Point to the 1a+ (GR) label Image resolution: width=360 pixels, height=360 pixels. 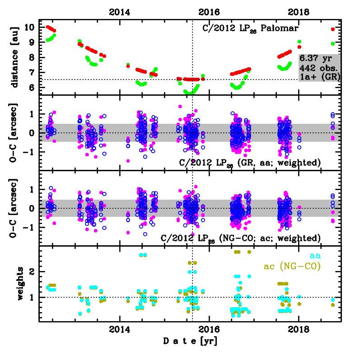pos(319,77)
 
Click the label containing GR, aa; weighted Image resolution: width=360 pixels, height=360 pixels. pos(250,162)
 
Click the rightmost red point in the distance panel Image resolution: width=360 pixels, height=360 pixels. pos(333,29)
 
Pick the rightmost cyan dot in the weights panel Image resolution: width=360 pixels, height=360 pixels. pos(333,299)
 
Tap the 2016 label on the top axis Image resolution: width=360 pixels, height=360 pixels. pos(209,12)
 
